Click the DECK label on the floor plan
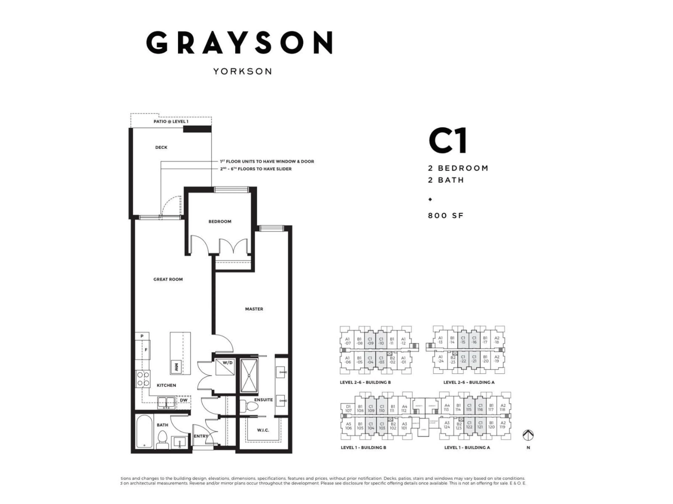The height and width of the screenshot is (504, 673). (161, 147)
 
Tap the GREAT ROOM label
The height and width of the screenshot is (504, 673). (168, 279)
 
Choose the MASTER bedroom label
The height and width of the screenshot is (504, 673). (254, 309)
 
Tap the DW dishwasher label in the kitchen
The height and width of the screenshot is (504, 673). (183, 400)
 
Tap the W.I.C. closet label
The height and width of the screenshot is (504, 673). (263, 430)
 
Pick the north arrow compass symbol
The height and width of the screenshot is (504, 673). (528, 435)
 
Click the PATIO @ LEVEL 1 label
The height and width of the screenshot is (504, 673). (171, 121)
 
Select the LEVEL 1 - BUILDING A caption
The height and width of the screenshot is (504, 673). (467, 447)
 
